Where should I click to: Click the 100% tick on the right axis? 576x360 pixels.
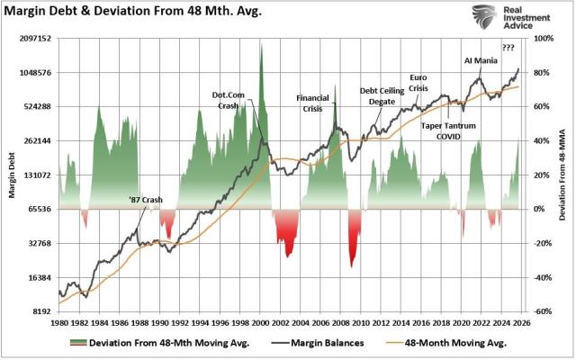click(x=544, y=40)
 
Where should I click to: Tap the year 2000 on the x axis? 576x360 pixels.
click(x=261, y=322)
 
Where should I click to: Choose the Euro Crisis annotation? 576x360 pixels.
click(x=418, y=82)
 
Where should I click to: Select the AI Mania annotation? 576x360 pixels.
click(x=481, y=61)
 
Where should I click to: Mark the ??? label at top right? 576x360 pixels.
click(x=509, y=48)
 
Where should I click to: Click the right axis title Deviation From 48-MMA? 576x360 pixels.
click(x=562, y=176)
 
